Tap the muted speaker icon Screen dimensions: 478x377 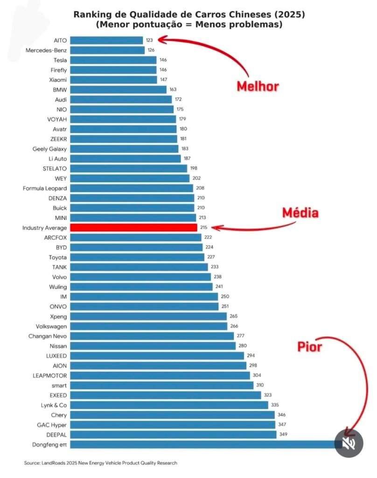[x=349, y=443]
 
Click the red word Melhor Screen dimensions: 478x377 [x=258, y=86]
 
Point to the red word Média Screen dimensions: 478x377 [x=300, y=213]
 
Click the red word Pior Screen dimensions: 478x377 [x=310, y=347]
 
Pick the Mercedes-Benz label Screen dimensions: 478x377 [x=46, y=50]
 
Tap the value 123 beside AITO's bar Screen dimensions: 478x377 [x=149, y=41]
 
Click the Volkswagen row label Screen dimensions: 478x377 [x=51, y=326]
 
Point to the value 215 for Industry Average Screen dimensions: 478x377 [x=203, y=228]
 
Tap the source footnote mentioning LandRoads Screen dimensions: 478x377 [x=100, y=463]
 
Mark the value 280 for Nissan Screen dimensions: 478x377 [x=242, y=346]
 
